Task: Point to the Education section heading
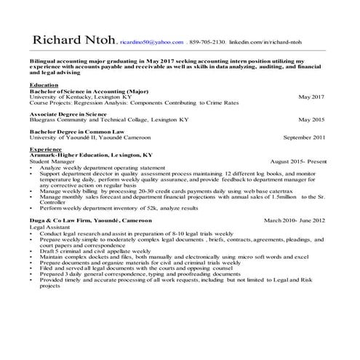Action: coord(44,85)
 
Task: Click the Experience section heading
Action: coord(46,149)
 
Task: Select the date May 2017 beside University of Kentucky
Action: coord(312,97)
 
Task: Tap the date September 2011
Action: coord(304,137)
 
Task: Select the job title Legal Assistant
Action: coord(52,227)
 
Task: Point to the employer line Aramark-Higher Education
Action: coord(91,155)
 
